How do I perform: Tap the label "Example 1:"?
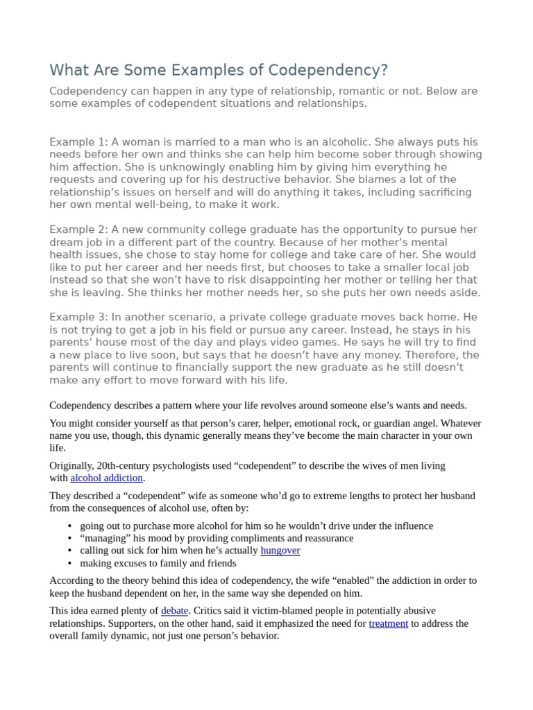pos(78,141)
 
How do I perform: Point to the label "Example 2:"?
pos(78,230)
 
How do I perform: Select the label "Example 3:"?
pos(78,317)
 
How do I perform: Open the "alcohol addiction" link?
pos(106,478)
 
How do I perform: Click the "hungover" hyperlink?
pos(280,551)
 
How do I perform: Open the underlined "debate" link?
pos(174,611)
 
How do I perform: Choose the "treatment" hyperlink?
pos(388,623)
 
